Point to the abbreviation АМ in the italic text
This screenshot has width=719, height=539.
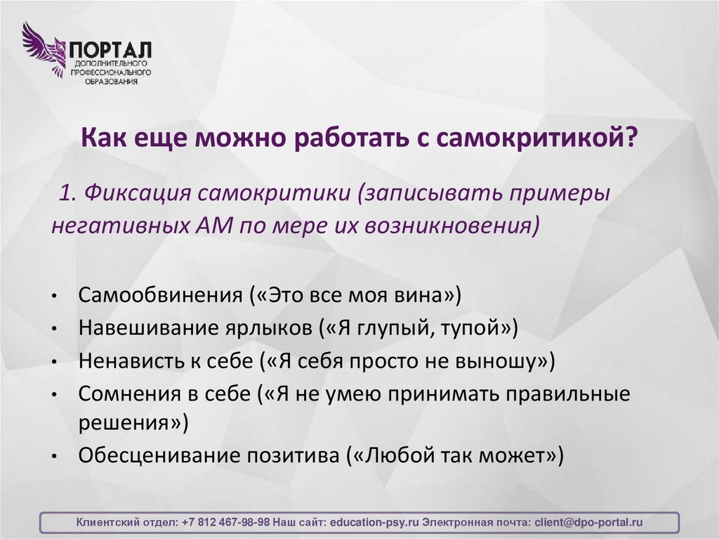(216, 227)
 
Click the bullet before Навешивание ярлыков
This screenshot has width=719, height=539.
(55, 329)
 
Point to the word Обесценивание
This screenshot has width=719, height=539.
(160, 455)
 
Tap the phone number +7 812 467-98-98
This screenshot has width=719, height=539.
(225, 523)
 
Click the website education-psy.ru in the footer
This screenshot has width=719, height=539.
(374, 523)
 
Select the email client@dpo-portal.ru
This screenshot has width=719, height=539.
(588, 523)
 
